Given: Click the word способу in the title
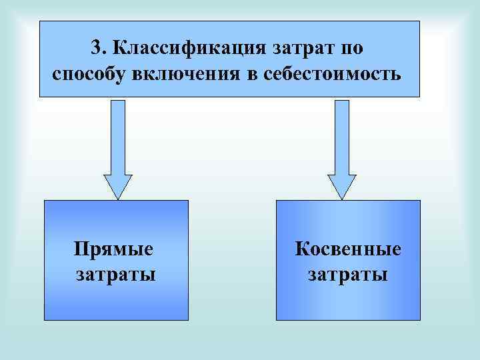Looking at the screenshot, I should pos(90,73).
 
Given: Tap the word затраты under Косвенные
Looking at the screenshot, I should pos(348,273).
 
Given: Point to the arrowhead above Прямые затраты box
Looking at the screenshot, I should pos(117,186).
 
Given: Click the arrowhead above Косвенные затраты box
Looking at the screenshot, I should pos(342,186).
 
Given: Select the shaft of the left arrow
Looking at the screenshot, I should pos(117,137).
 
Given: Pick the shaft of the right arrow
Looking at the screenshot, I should pos(342,137).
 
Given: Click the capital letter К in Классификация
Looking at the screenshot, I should pos(119,47).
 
